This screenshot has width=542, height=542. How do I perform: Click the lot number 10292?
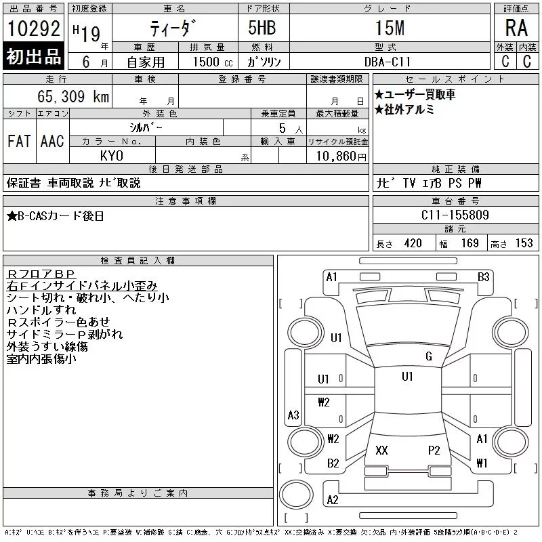tap(33, 28)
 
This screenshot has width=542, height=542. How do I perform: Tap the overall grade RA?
tap(516, 28)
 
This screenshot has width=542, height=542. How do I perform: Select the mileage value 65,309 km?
tap(73, 96)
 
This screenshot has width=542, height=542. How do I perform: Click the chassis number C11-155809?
tap(455, 215)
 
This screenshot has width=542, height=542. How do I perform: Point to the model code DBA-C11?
tap(388, 62)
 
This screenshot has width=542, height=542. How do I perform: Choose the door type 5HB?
tap(262, 28)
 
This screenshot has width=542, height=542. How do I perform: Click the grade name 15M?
tap(390, 28)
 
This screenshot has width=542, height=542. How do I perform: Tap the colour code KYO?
tap(111, 156)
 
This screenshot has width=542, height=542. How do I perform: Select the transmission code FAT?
tap(20, 141)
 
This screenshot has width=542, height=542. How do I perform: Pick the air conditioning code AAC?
tap(52, 141)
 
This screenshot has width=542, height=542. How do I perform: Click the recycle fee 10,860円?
tap(341, 157)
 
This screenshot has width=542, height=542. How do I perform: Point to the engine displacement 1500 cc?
tap(213, 62)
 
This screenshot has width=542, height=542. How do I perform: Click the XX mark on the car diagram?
tap(381, 450)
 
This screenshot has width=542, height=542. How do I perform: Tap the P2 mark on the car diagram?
tap(434, 450)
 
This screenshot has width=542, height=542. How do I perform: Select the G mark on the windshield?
tap(429, 356)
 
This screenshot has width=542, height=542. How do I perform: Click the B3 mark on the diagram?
tap(483, 277)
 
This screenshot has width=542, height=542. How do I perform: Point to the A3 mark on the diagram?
tap(293, 415)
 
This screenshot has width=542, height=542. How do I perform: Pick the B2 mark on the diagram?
tap(333, 463)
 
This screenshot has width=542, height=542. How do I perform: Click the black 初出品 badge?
tap(33, 56)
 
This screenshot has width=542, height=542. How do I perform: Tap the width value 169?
tap(470, 243)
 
